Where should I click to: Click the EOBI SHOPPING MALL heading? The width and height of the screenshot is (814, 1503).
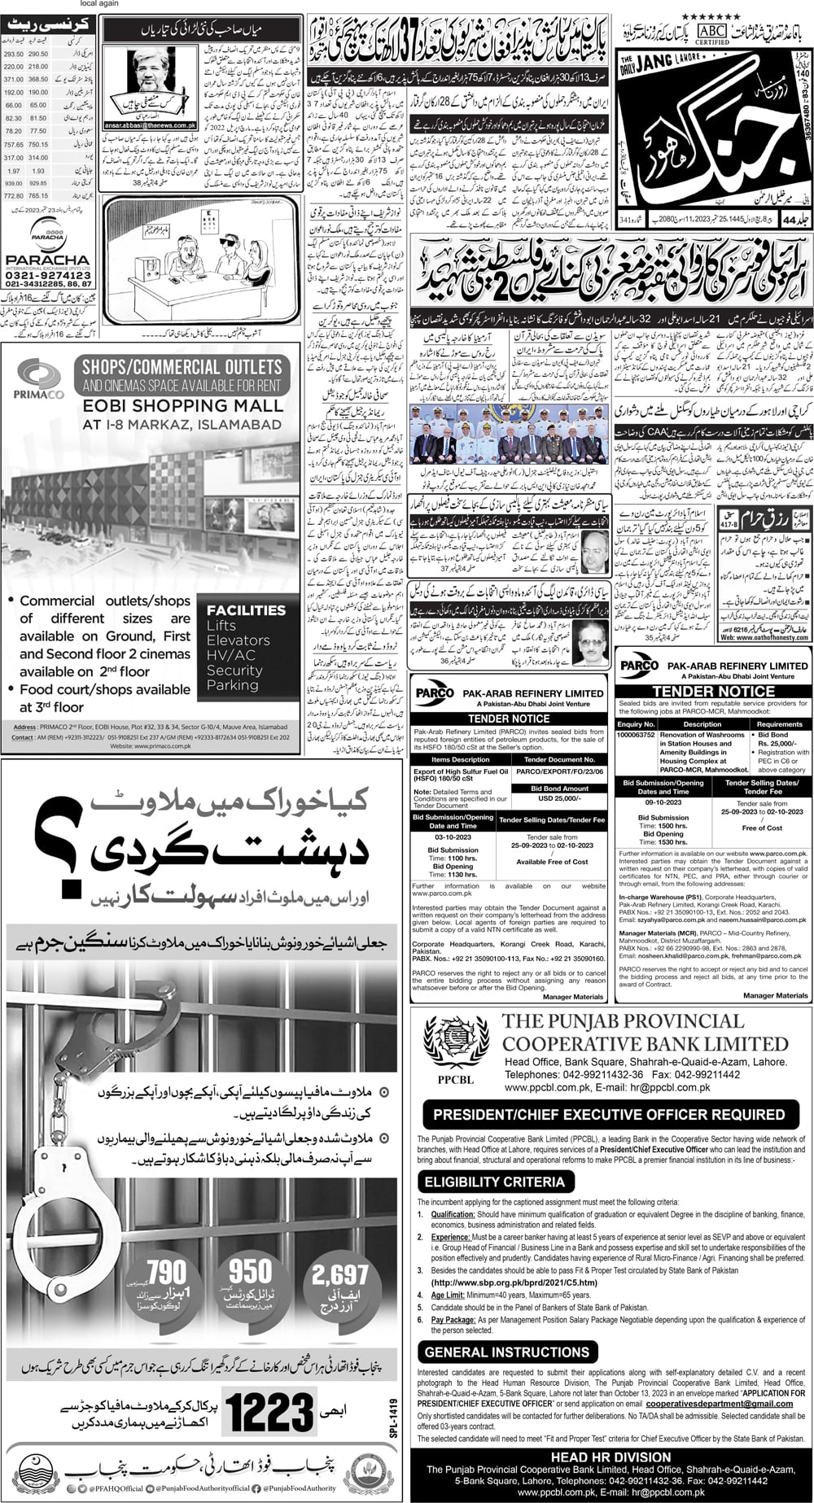(182, 404)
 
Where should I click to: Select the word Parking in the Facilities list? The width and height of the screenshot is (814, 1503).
(233, 685)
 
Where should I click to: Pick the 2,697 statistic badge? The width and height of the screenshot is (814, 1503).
(340, 1274)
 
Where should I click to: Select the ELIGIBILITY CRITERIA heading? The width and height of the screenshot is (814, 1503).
(494, 1182)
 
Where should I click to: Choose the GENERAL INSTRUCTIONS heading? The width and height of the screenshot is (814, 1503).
(506, 1352)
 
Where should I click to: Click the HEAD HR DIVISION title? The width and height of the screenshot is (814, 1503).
(610, 1457)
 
